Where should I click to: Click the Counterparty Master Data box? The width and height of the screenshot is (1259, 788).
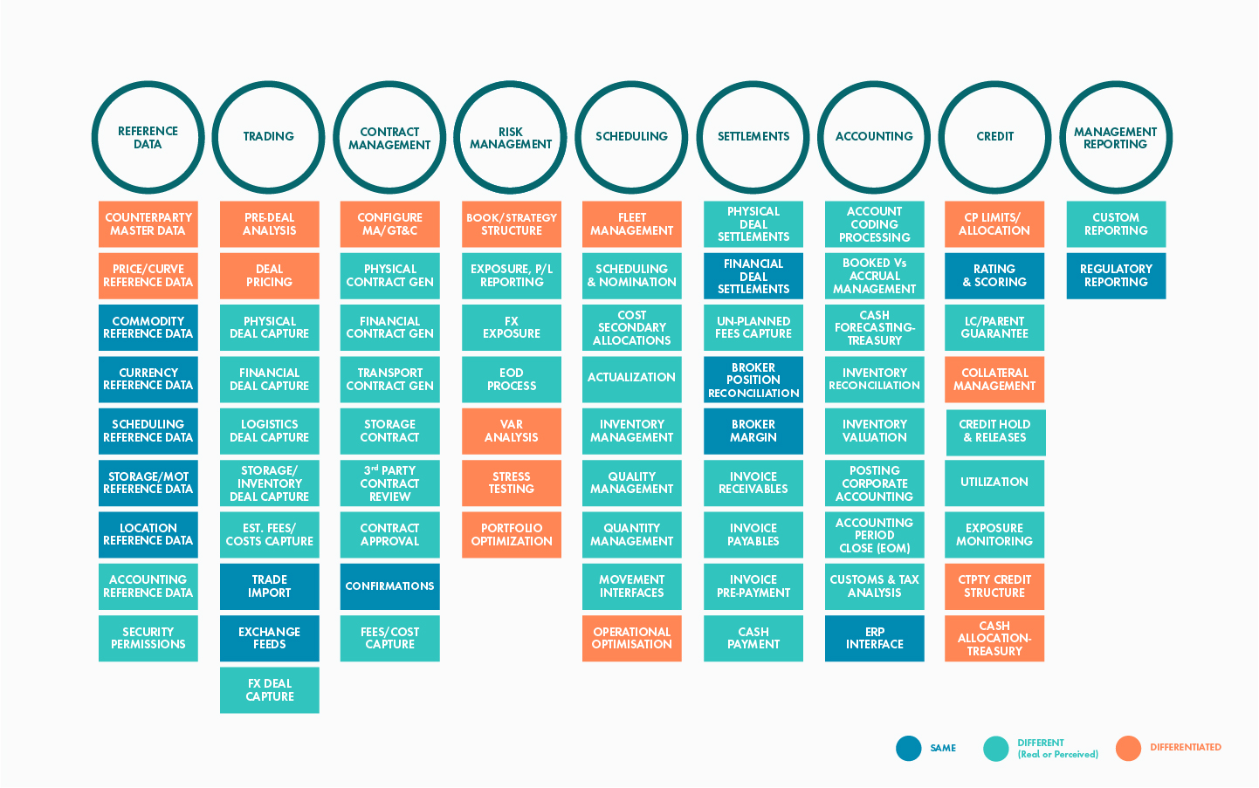(148, 224)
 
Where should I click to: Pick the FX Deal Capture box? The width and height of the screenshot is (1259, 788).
(269, 690)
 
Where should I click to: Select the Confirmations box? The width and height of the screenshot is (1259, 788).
(389, 586)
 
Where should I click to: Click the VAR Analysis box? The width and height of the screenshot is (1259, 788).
(512, 431)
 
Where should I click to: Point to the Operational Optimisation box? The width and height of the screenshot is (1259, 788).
(632, 639)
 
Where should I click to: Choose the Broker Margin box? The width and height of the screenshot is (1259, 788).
(753, 431)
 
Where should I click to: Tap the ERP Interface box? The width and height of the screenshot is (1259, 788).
(875, 639)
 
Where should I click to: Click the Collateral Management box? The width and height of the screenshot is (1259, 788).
(994, 380)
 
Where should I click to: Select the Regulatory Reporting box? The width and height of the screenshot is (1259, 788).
(1116, 276)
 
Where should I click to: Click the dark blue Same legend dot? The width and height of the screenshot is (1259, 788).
(908, 748)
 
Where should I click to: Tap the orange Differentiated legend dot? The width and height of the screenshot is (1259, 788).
(1128, 748)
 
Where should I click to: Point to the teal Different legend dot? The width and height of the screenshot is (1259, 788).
(996, 748)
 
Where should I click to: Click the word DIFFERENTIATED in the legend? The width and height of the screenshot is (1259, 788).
(1186, 748)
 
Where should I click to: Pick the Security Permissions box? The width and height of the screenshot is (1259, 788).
(148, 639)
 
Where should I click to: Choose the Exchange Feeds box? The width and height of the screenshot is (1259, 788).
(269, 639)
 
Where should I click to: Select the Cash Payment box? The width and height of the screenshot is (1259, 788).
(753, 639)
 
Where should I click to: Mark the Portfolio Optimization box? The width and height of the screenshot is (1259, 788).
(512, 535)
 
